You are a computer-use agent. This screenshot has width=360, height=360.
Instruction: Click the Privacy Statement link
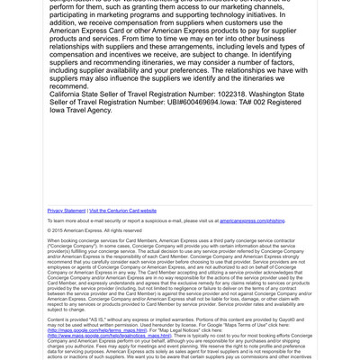pyautogui.click(x=67, y=211)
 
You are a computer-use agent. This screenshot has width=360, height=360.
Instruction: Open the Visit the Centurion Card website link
pyautogui.click(x=122, y=211)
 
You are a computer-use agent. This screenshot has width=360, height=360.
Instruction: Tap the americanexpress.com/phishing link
pyautogui.click(x=252, y=220)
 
